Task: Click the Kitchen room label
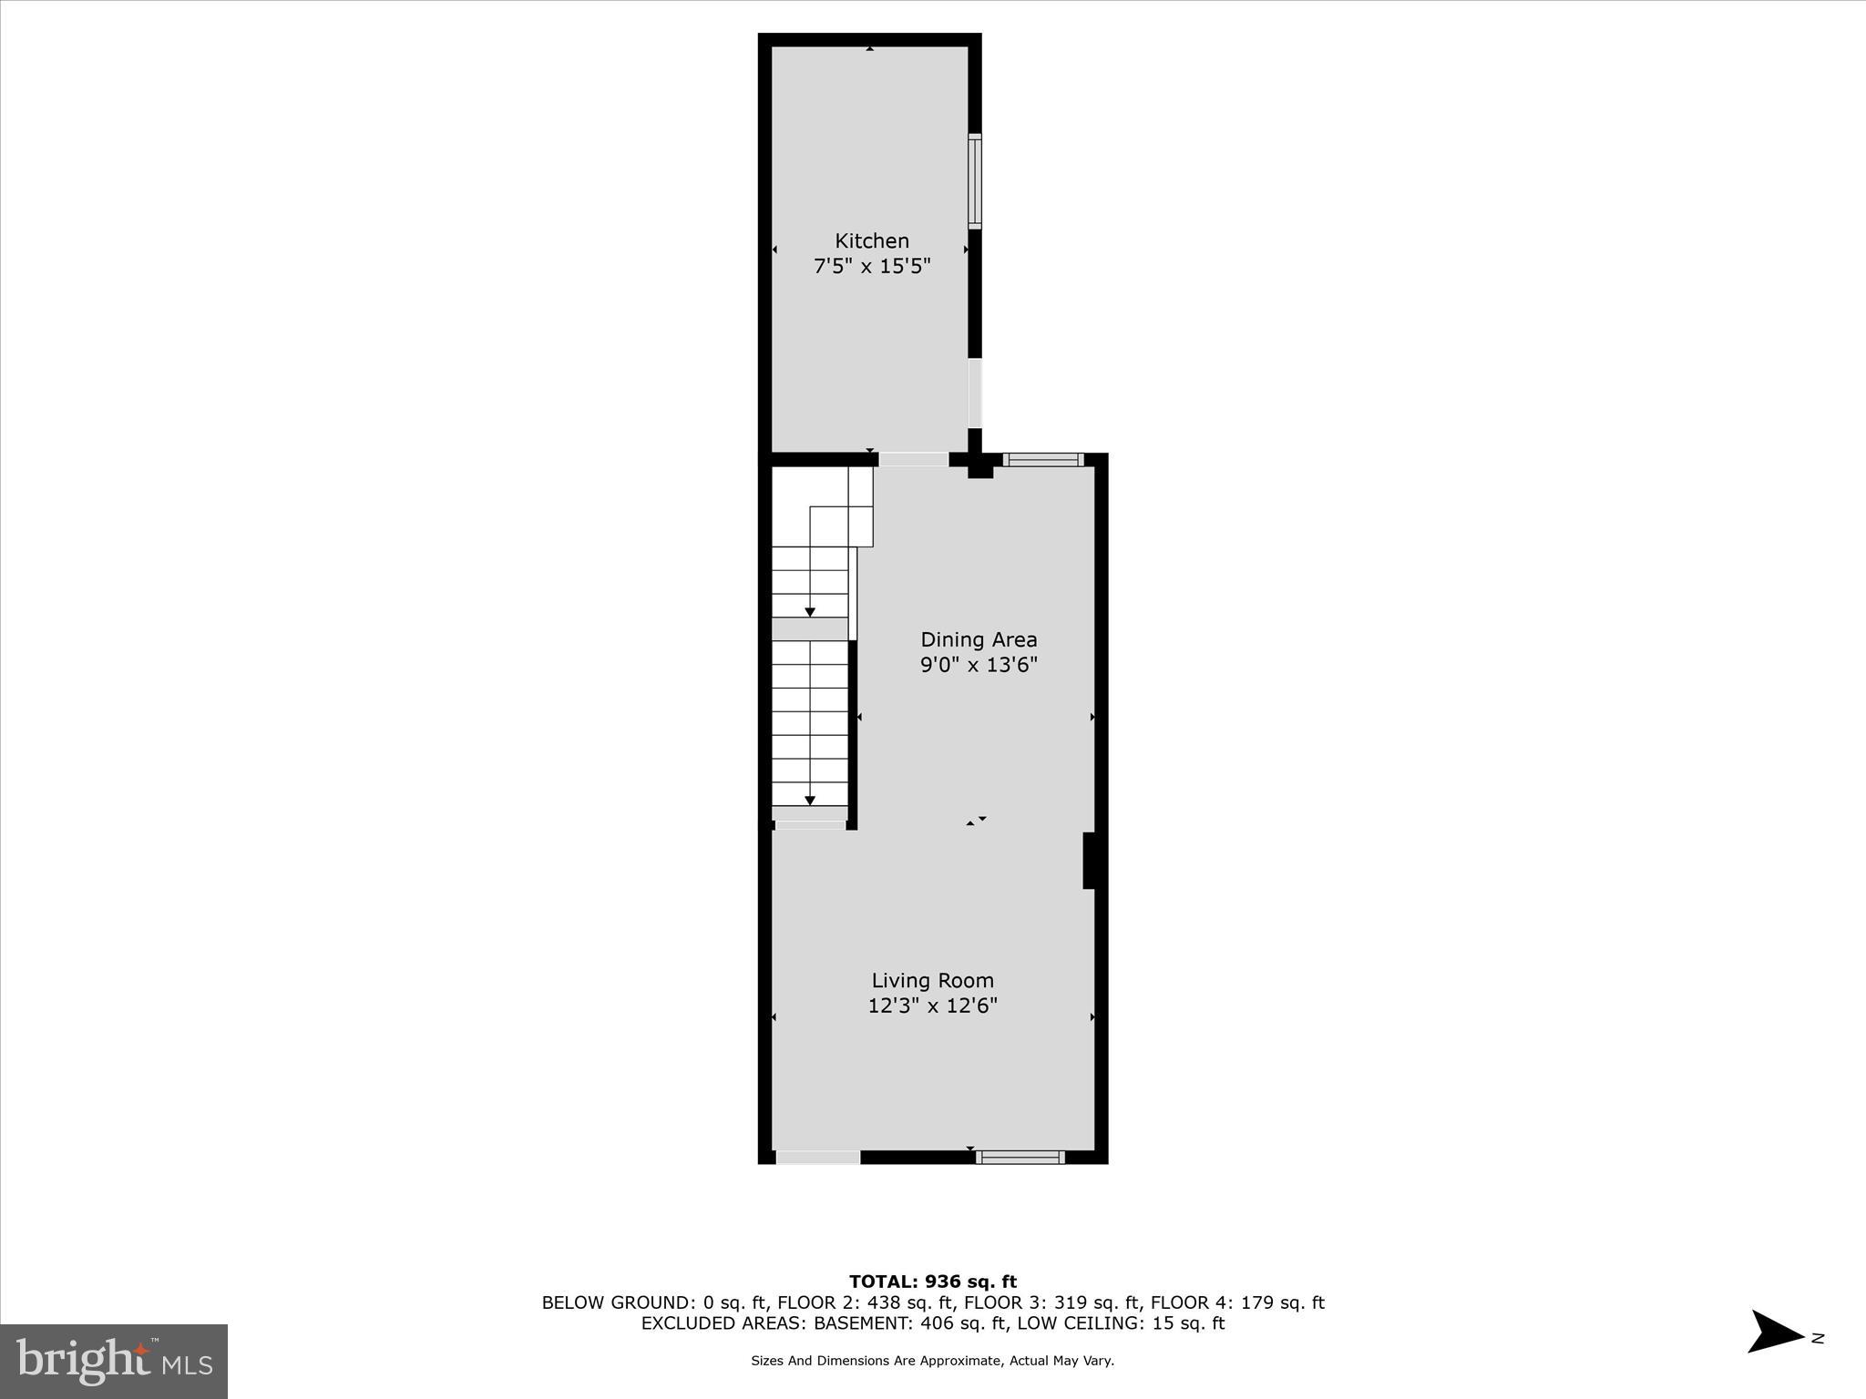tap(872, 241)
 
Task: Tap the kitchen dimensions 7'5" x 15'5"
tap(872, 267)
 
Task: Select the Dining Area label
tap(979, 639)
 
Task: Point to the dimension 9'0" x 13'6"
tap(979, 665)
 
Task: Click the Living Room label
tap(932, 980)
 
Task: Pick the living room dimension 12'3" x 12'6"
tap(932, 1006)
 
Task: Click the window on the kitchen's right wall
tap(974, 180)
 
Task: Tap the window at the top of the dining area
tap(1043, 460)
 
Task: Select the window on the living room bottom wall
tap(1020, 1158)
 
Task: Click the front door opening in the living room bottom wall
tap(817, 1158)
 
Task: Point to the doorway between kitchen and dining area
tap(913, 460)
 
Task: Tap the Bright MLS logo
tap(114, 1361)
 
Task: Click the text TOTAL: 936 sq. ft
tap(932, 1282)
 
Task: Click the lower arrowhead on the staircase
tap(810, 801)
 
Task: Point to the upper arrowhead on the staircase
tap(810, 612)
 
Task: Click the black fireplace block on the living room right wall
tap(1088, 860)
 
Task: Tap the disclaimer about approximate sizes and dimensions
tap(932, 1361)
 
